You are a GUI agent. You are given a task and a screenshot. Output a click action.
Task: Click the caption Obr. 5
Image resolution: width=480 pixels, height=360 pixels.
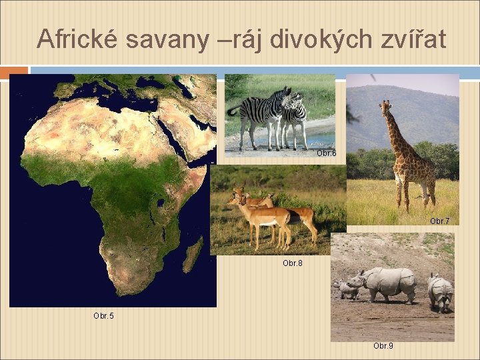click(103, 315)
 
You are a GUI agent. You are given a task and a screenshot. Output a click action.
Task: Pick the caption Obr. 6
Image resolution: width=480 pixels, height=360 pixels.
click(326, 153)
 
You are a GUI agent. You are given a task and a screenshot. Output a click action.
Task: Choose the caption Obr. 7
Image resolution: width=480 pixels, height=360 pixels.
click(439, 221)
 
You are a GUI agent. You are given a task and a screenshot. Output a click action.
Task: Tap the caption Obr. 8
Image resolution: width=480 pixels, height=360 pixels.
click(292, 263)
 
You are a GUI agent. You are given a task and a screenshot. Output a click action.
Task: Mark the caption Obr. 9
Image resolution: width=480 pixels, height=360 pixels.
click(383, 346)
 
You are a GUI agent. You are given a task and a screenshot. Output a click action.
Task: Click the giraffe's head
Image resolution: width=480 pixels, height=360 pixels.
click(385, 107)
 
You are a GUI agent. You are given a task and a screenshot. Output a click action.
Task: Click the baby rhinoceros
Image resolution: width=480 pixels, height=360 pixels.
click(345, 290)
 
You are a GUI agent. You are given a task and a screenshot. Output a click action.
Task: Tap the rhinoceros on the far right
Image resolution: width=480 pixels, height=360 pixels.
click(439, 291)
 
